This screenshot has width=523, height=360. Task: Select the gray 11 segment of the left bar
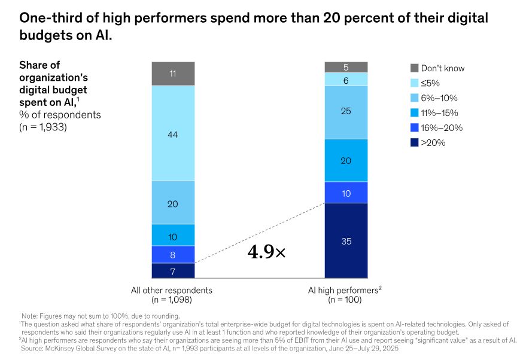173,74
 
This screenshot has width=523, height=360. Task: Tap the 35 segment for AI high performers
346,241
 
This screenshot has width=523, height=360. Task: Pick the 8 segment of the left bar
173,254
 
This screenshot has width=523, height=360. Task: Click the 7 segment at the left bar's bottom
173,271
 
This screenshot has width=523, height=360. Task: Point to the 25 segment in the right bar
346,112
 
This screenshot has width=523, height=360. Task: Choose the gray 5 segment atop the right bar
346,67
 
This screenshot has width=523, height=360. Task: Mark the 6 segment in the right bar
346,80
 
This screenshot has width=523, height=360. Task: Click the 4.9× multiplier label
266,252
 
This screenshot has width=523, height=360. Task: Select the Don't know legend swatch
413,68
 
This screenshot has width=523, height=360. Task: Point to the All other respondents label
172,291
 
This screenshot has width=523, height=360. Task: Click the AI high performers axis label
344,291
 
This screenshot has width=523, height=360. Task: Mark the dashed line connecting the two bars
260,233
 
